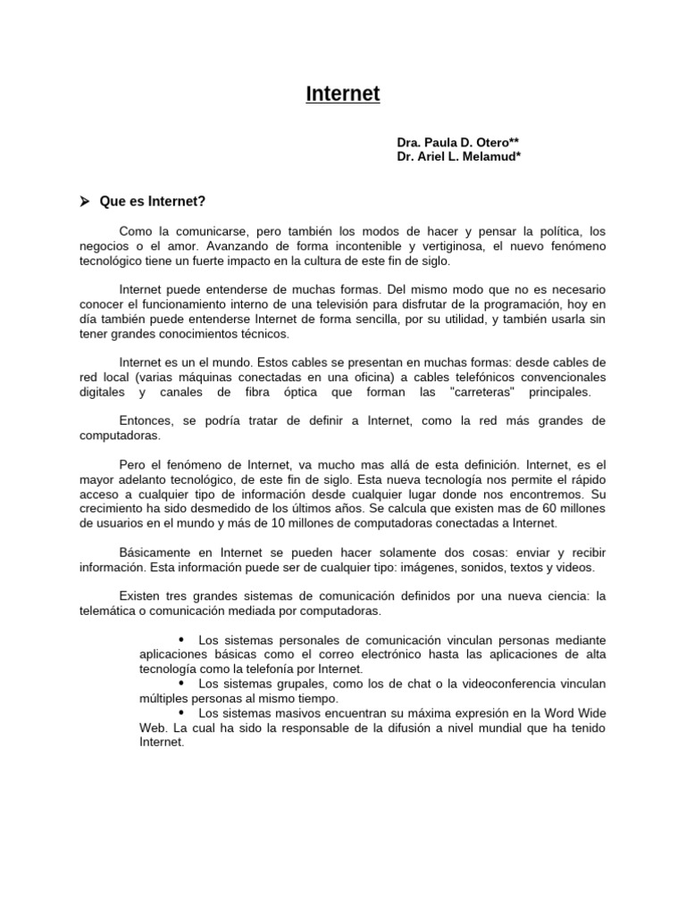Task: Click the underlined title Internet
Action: point(343,94)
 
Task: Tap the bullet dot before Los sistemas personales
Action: point(181,640)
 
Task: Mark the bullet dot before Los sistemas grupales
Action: point(181,684)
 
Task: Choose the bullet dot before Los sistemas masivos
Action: point(181,713)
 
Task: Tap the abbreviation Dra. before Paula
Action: point(409,143)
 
